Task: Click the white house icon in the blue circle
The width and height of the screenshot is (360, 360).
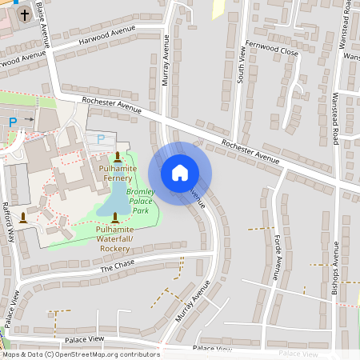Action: pos(180,173)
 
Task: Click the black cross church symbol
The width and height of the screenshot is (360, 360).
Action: pos(24,14)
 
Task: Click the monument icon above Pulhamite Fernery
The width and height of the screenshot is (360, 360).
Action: pos(118,157)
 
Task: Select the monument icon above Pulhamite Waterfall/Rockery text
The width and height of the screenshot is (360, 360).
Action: pos(115,217)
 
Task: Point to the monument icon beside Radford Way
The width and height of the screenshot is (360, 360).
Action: pos(23,217)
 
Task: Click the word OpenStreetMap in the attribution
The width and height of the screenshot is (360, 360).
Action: pos(90,354)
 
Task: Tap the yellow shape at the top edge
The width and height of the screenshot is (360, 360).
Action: pos(217,8)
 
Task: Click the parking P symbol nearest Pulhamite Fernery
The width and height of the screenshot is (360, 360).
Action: pos(100,138)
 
